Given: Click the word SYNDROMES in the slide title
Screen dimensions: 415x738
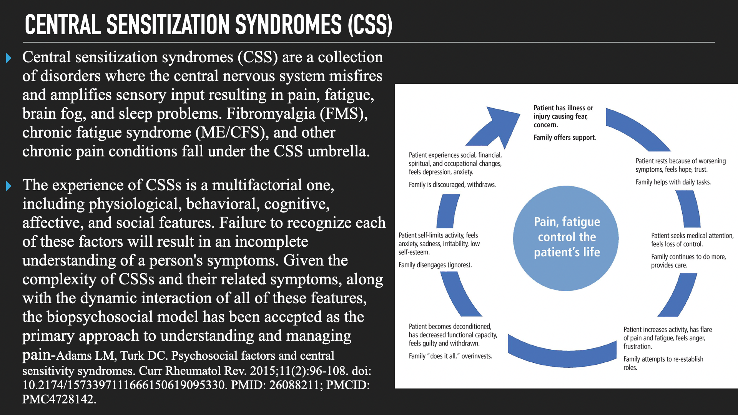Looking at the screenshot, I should click(288, 25).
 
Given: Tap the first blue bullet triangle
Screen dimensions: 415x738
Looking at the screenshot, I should click(8, 58).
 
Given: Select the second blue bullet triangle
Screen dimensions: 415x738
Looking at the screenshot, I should click(8, 186).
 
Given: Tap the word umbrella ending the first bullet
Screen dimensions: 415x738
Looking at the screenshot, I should click(338, 151).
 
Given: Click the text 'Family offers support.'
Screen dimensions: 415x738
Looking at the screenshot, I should click(565, 138).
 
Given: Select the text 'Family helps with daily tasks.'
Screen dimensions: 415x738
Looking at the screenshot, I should click(673, 182).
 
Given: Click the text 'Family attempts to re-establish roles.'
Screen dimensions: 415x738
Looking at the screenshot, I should click(663, 363).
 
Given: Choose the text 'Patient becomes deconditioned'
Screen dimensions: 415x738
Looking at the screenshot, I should click(450, 327).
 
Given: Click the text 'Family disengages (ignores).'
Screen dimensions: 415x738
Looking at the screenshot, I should click(435, 265).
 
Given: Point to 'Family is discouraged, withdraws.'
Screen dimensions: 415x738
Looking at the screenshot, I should click(452, 185).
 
